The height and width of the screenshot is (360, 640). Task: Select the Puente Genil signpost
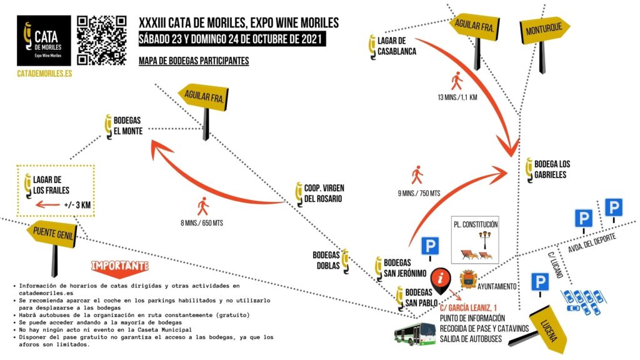(x=51, y=235)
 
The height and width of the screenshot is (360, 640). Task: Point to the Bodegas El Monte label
(x=127, y=125)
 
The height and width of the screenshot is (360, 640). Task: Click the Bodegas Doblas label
(x=327, y=260)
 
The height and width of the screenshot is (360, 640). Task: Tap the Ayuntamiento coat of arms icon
(x=469, y=279)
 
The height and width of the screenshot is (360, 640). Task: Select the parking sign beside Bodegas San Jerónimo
(x=429, y=246)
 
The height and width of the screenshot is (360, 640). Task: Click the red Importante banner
(x=121, y=266)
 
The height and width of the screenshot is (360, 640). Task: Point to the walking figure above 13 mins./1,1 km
(x=457, y=81)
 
